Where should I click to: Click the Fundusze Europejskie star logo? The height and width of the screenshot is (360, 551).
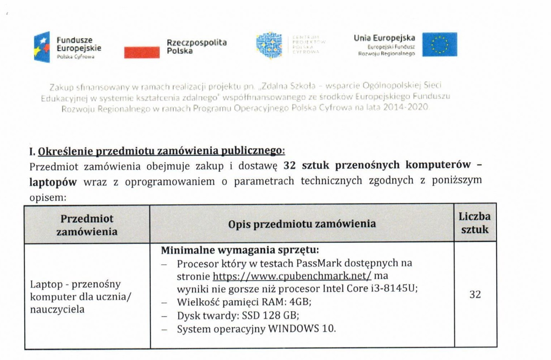point(42,47)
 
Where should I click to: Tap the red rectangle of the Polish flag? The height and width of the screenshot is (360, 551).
point(142,52)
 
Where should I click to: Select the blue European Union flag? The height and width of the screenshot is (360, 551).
point(439,45)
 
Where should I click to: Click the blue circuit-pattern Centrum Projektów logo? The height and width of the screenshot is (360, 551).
point(269,45)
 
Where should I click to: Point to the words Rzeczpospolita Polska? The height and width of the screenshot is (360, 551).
point(197,47)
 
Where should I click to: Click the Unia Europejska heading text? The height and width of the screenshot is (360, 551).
point(384,38)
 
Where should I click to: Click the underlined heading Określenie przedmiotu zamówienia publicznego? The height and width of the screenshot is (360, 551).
point(161,151)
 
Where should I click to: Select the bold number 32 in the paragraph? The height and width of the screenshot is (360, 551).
point(289,165)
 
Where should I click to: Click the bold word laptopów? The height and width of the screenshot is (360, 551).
point(53,182)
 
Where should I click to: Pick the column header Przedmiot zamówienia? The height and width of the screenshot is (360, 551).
point(87,225)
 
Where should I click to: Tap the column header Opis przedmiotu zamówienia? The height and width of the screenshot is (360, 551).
point(302,224)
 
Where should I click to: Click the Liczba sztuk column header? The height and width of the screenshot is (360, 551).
point(474,223)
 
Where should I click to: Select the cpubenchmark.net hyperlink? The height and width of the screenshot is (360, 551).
point(292,276)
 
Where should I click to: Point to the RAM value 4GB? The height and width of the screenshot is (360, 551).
point(300,302)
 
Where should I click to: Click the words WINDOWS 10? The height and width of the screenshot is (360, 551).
point(302,329)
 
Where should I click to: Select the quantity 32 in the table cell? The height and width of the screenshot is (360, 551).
point(475,294)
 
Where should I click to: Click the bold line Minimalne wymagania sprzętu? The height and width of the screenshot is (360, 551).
point(240,250)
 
